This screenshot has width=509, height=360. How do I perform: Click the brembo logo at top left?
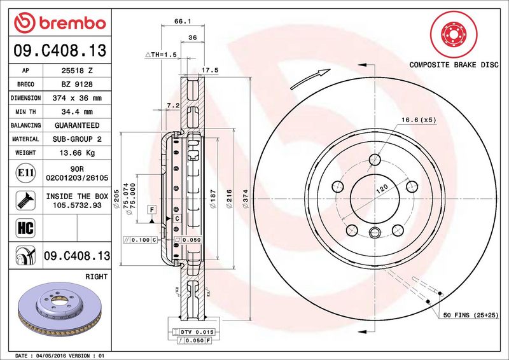pos(59,24)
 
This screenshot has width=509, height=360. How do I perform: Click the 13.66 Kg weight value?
pos(77,153)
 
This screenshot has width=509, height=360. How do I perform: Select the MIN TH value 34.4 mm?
pos(77,112)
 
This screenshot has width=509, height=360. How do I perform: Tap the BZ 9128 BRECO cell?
pos(77,85)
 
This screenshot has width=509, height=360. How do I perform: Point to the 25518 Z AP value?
pos(77,71)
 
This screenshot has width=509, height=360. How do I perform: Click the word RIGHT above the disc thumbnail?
pos(95,277)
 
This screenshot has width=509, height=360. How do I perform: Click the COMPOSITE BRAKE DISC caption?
pos(454,65)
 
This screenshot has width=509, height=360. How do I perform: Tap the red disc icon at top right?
pos(454,33)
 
